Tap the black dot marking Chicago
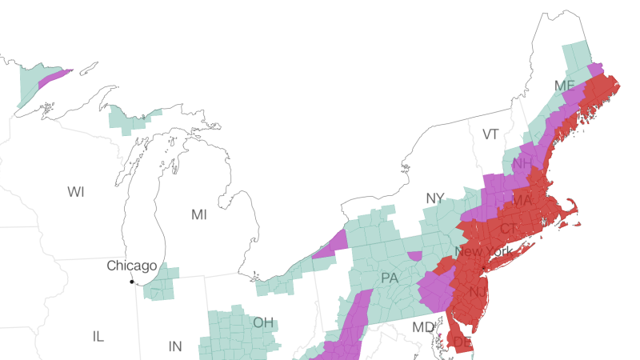point(132,282)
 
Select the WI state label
point(76,192)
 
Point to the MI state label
point(198,214)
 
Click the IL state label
point(98,337)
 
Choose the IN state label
point(175,346)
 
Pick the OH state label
point(263,323)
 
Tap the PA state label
point(390,278)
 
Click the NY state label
point(435,198)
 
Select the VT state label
point(490,134)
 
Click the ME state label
point(564,86)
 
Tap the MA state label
point(522,200)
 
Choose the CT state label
point(509,229)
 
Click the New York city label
point(483,252)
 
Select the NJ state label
point(478,292)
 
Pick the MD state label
point(423,327)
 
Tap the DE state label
point(462,342)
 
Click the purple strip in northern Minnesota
point(54,78)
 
